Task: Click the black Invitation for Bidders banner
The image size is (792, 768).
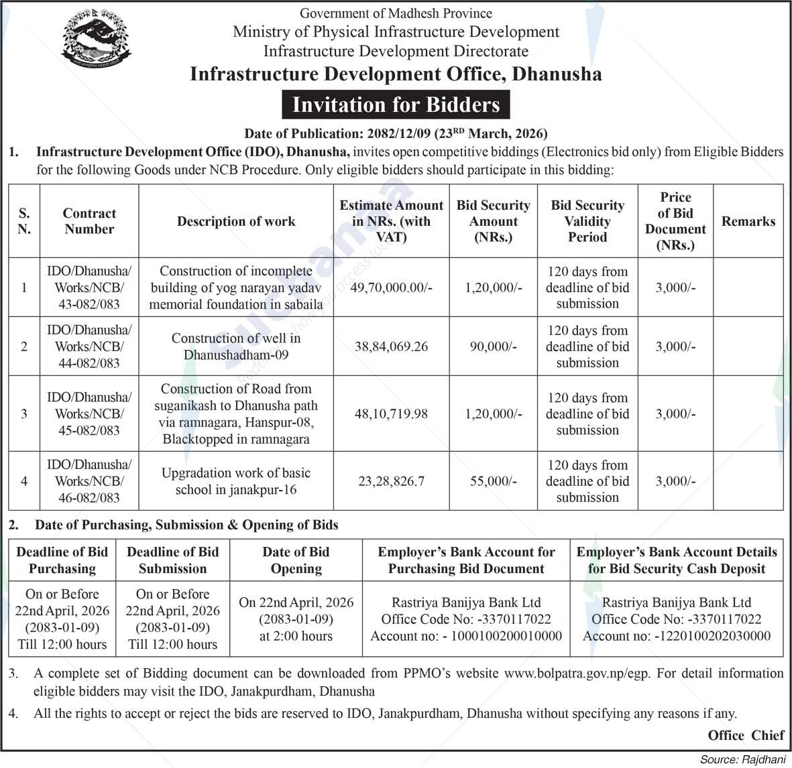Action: point(396,105)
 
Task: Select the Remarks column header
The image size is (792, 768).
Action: point(748,221)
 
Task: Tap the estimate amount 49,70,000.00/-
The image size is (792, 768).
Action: point(392,287)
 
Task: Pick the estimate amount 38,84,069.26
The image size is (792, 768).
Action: point(392,346)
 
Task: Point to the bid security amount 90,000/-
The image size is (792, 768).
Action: point(494,346)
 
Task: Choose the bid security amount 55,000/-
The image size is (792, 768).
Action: point(494,481)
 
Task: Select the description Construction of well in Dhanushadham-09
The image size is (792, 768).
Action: point(236,346)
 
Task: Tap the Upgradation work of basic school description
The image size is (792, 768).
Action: point(236,481)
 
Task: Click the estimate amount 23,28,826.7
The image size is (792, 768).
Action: point(392,481)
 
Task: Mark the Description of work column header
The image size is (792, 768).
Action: point(236,221)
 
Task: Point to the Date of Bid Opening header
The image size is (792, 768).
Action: point(296,560)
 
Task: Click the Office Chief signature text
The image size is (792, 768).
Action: point(746,735)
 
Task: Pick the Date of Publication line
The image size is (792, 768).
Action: point(396,133)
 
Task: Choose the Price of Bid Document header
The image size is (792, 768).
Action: point(675,221)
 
